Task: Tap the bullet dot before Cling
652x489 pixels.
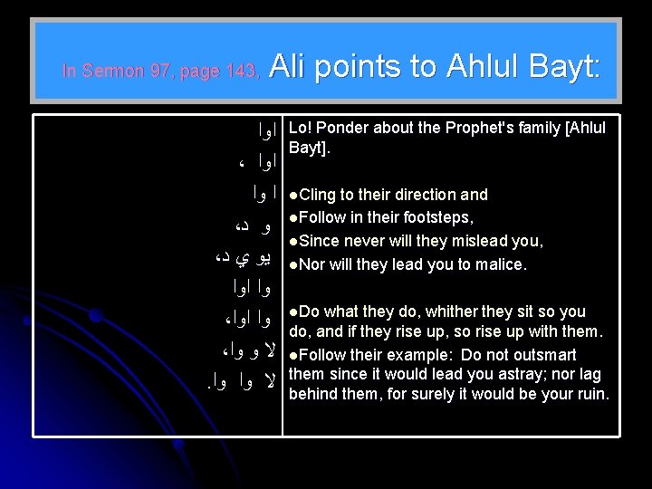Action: pyautogui.click(x=292, y=195)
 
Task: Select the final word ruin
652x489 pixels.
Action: pyautogui.click(x=593, y=395)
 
